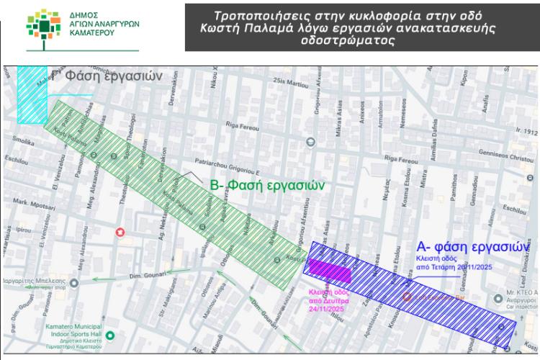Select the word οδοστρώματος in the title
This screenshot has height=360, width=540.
348,41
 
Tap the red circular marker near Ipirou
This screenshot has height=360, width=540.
120,232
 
